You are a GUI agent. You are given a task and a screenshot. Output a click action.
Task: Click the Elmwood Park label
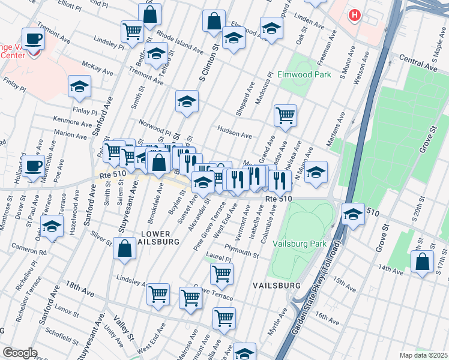[x=304, y=75]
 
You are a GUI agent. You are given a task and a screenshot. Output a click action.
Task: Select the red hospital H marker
[x=355, y=15]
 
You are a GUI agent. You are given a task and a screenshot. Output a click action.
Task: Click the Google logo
[x=19, y=352]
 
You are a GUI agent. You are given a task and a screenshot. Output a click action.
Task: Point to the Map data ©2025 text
[x=423, y=355]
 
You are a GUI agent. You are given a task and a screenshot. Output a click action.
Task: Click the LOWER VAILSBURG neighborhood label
[x=160, y=236]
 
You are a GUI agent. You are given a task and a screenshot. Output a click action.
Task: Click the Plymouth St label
[x=241, y=250]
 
